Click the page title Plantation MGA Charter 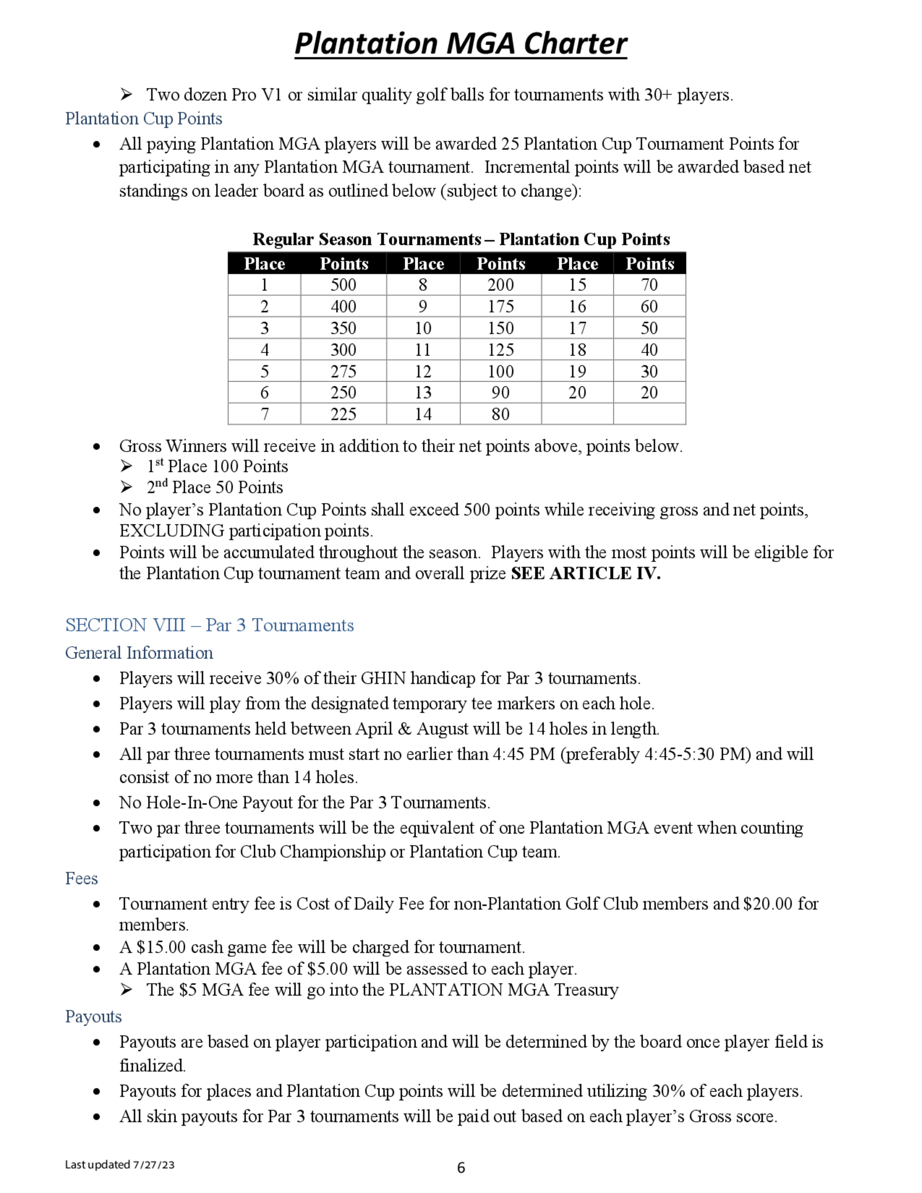click(461, 44)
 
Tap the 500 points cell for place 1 click(343, 284)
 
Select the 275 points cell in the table click(343, 372)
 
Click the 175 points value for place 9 click(500, 307)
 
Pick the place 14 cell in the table click(423, 414)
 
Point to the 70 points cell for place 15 click(649, 284)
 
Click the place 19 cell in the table click(577, 372)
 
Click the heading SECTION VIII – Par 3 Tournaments click(209, 625)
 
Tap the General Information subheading click(139, 653)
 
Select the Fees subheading click(82, 878)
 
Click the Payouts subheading click(94, 1016)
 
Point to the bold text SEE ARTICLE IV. click(585, 573)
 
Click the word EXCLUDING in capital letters click(171, 531)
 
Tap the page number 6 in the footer click(461, 1168)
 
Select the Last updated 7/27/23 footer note click(119, 1164)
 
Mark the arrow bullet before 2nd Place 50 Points click(127, 487)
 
